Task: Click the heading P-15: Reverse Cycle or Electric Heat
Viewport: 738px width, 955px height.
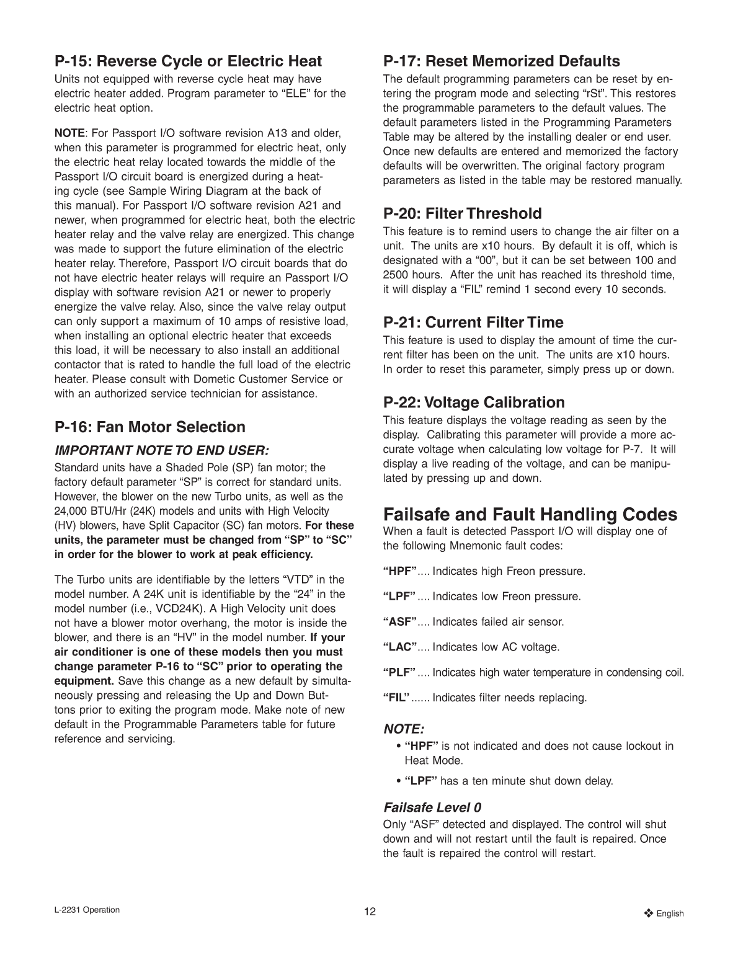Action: (189, 61)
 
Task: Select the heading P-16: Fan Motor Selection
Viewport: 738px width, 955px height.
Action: (150, 427)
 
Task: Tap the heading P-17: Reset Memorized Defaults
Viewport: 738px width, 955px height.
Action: (502, 61)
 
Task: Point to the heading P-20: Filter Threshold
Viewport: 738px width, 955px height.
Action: (463, 214)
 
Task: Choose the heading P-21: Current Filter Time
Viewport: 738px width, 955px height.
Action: (474, 322)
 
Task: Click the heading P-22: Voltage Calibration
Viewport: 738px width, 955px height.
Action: (474, 402)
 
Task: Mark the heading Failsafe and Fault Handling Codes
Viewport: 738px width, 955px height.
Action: (530, 515)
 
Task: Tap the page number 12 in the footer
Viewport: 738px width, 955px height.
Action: (370, 912)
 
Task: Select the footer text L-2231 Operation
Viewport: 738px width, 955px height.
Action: (87, 910)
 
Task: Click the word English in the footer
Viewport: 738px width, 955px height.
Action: (670, 913)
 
